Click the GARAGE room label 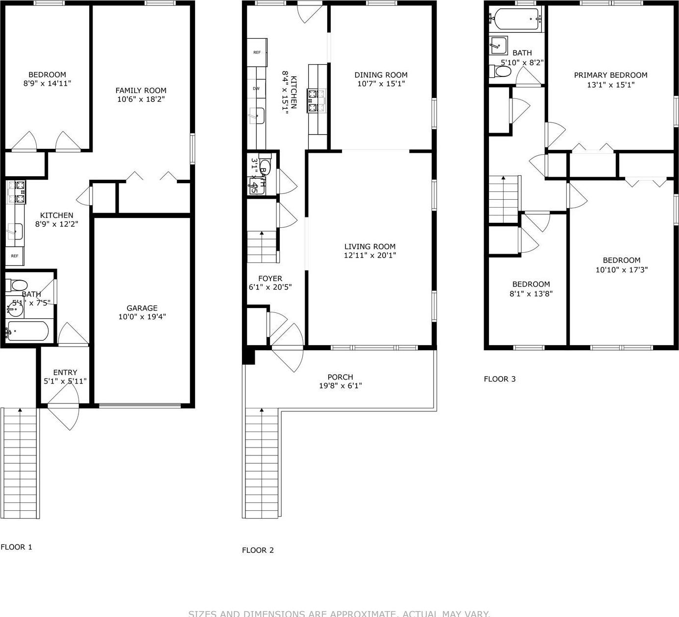[x=142, y=308]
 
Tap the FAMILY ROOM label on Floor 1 [x=141, y=90]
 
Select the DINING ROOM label [x=381, y=75]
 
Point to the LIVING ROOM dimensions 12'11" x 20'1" [x=370, y=255]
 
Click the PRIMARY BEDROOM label [x=610, y=75]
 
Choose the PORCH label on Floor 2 [x=340, y=377]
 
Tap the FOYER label [x=270, y=279]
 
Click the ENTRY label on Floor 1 [x=65, y=372]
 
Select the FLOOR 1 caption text [x=16, y=547]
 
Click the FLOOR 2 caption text [x=258, y=550]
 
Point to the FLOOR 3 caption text [x=500, y=379]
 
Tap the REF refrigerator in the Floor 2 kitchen [x=257, y=52]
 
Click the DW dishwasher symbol [x=256, y=89]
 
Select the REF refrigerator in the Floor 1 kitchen [x=15, y=256]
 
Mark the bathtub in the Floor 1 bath [x=27, y=332]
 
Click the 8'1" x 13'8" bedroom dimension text [x=531, y=293]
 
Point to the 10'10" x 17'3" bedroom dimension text [x=621, y=269]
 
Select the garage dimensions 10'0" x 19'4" [x=142, y=317]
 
